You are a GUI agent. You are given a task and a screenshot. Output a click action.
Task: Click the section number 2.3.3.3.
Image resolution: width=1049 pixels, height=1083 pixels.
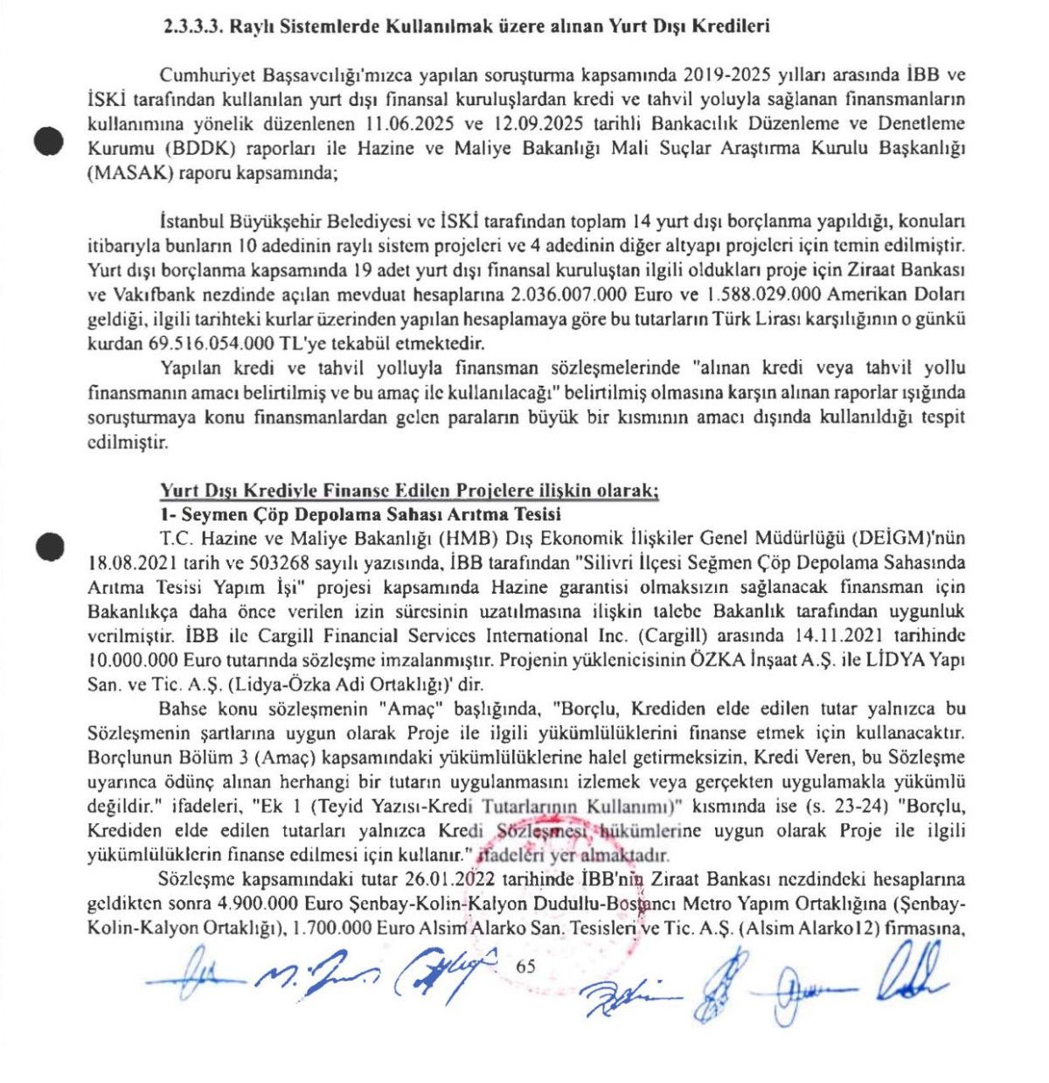pos(192,26)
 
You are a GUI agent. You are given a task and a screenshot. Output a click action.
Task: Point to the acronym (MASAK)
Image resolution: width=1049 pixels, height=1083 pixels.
pos(129,173)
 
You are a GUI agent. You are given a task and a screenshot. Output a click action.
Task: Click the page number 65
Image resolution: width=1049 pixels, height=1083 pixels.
pos(526,966)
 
